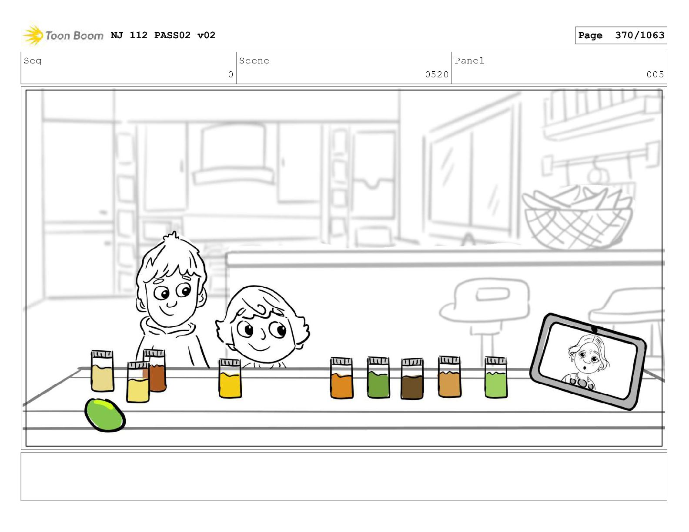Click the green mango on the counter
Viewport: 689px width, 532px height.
click(x=105, y=415)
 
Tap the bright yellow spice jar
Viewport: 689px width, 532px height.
click(x=230, y=378)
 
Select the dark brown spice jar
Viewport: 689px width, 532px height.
click(x=412, y=379)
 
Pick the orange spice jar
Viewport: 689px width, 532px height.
click(x=341, y=378)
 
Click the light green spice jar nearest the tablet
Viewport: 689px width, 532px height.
click(x=496, y=377)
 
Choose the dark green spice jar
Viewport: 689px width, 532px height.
click(x=378, y=377)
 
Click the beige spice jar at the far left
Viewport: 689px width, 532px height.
click(x=102, y=371)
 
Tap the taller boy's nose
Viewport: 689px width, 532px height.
click(x=172, y=303)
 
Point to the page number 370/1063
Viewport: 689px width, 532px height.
click(x=639, y=35)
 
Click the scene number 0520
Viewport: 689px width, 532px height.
click(x=437, y=74)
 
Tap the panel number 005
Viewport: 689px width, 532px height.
click(x=655, y=74)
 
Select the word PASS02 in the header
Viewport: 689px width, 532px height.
click(x=172, y=35)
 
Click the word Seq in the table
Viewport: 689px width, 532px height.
click(x=33, y=61)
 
